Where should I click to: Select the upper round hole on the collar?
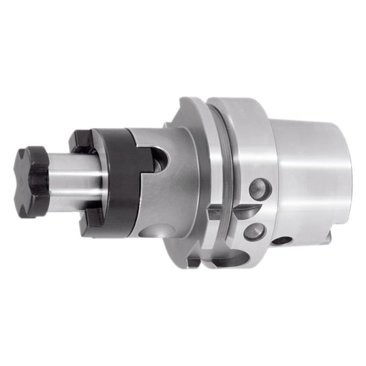tap(259, 189)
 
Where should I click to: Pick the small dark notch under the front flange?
tap(192, 259)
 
